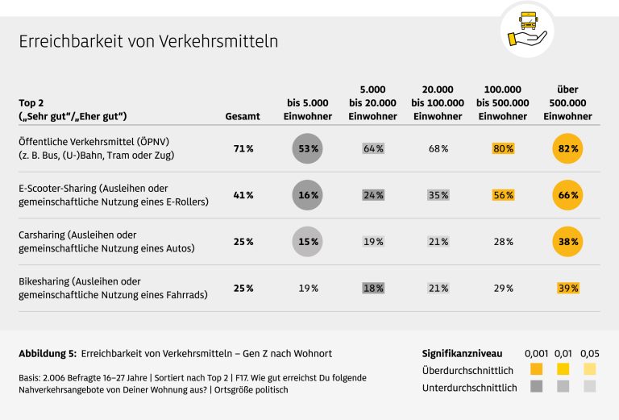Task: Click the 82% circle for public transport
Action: [567, 149]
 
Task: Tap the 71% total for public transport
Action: [243, 149]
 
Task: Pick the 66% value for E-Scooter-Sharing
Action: [567, 195]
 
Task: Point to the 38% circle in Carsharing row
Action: [567, 242]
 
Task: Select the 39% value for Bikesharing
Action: [567, 288]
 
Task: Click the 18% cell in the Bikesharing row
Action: [373, 288]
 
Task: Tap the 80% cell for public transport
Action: [504, 149]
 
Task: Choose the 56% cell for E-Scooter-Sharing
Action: [504, 195]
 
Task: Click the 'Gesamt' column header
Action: [243, 117]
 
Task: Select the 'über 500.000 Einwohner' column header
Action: [567, 103]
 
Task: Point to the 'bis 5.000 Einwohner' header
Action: [308, 110]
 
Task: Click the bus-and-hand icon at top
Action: [526, 28]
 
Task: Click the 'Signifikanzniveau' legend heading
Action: [462, 354]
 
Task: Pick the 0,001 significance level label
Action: [537, 354]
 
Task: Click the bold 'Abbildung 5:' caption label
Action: [48, 354]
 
